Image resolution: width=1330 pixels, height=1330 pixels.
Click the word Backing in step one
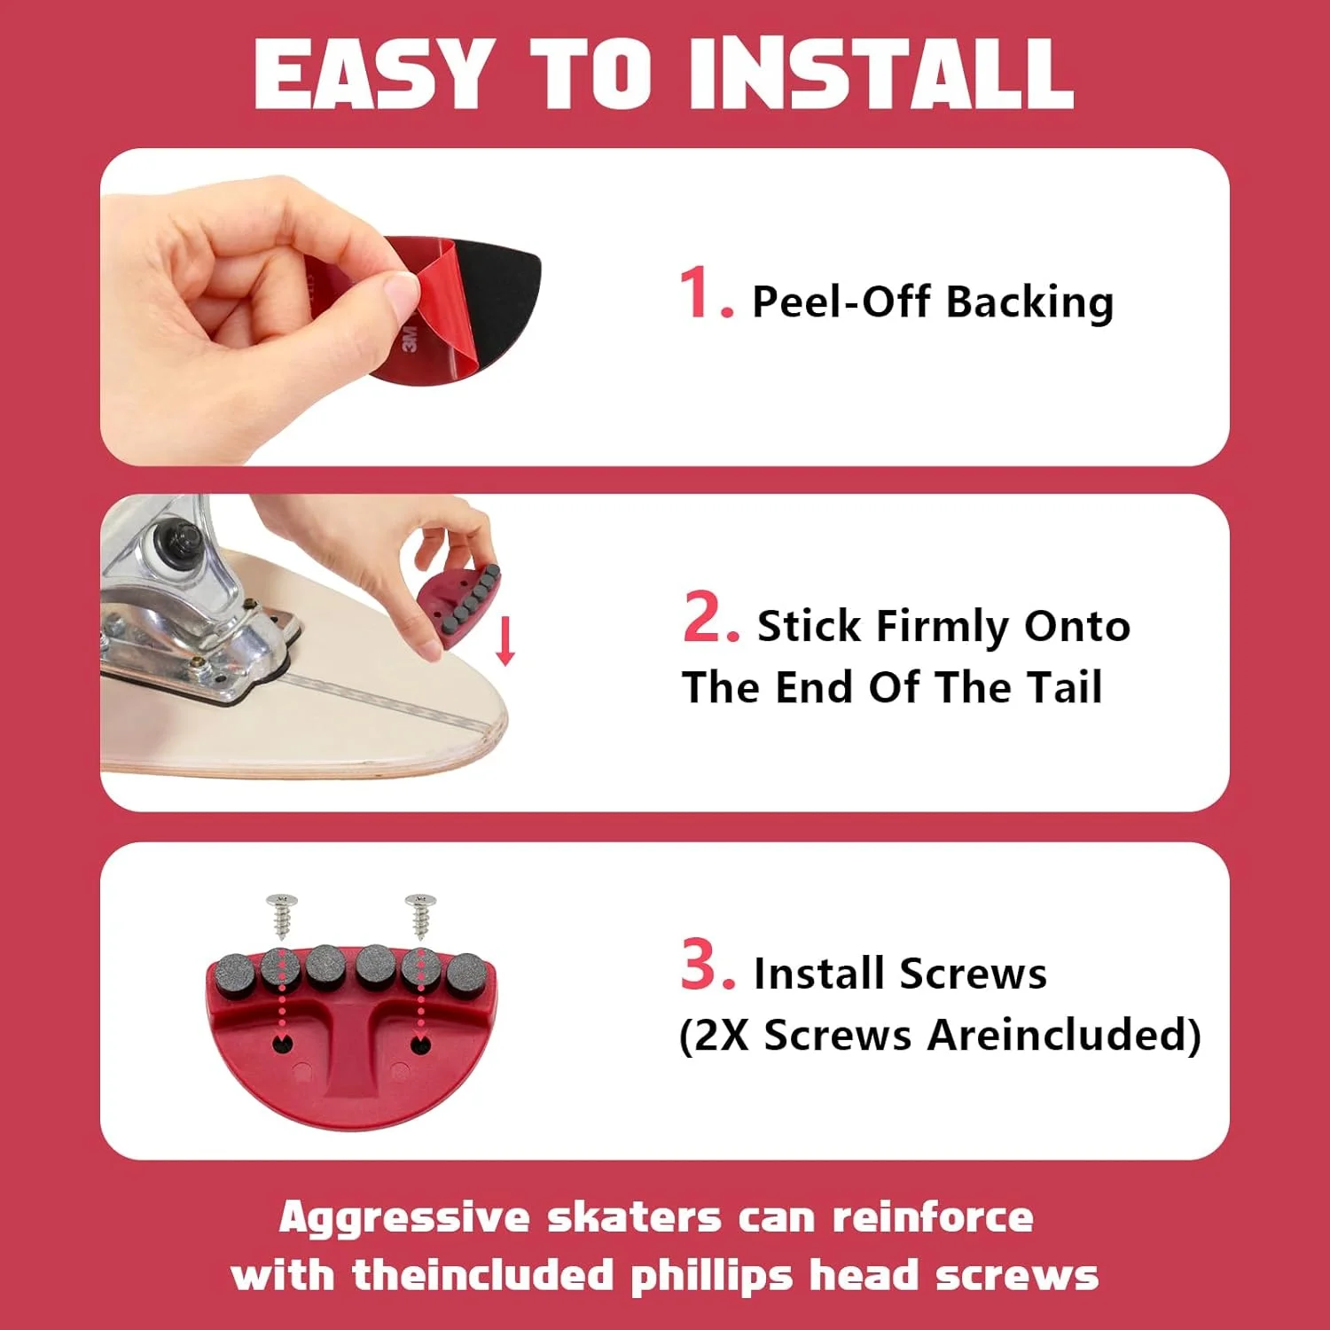tap(1029, 303)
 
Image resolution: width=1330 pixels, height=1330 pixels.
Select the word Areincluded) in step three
tap(1064, 1035)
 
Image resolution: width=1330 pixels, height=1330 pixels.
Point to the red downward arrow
tap(505, 641)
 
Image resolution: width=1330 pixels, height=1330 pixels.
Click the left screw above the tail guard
tap(282, 916)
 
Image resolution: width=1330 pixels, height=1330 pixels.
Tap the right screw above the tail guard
tap(421, 916)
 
